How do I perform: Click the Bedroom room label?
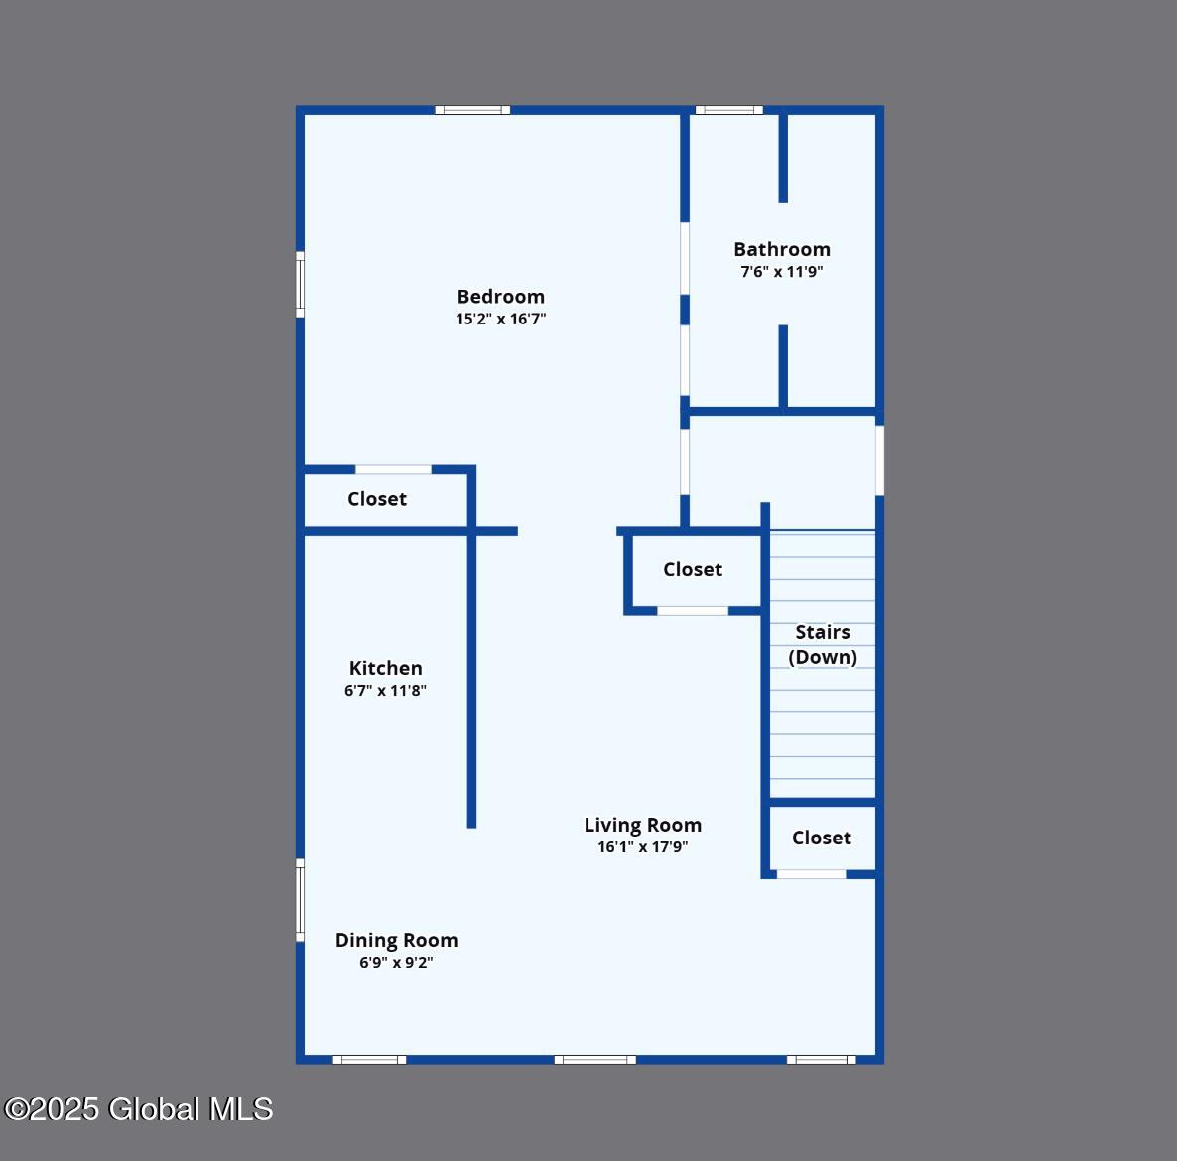(x=501, y=297)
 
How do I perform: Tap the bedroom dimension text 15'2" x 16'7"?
(x=501, y=319)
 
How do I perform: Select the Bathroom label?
(x=782, y=249)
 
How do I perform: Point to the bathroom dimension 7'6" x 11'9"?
(x=782, y=272)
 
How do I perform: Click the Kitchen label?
(x=386, y=668)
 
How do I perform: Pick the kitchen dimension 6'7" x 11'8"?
(x=386, y=691)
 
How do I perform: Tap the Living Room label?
(x=643, y=825)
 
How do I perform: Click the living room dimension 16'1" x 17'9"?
(x=643, y=847)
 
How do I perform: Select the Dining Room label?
(x=396, y=941)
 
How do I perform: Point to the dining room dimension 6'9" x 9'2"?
(x=396, y=963)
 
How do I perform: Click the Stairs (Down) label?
(x=823, y=645)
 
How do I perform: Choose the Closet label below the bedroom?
(x=377, y=499)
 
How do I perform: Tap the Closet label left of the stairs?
(x=693, y=569)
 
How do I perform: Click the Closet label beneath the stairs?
(x=822, y=838)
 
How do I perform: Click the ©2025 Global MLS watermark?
(x=139, y=1109)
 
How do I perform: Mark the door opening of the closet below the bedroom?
(x=393, y=469)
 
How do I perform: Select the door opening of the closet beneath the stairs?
(x=812, y=874)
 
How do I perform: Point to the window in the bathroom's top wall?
(x=728, y=110)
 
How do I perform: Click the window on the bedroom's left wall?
(x=301, y=285)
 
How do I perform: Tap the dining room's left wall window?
(x=301, y=900)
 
